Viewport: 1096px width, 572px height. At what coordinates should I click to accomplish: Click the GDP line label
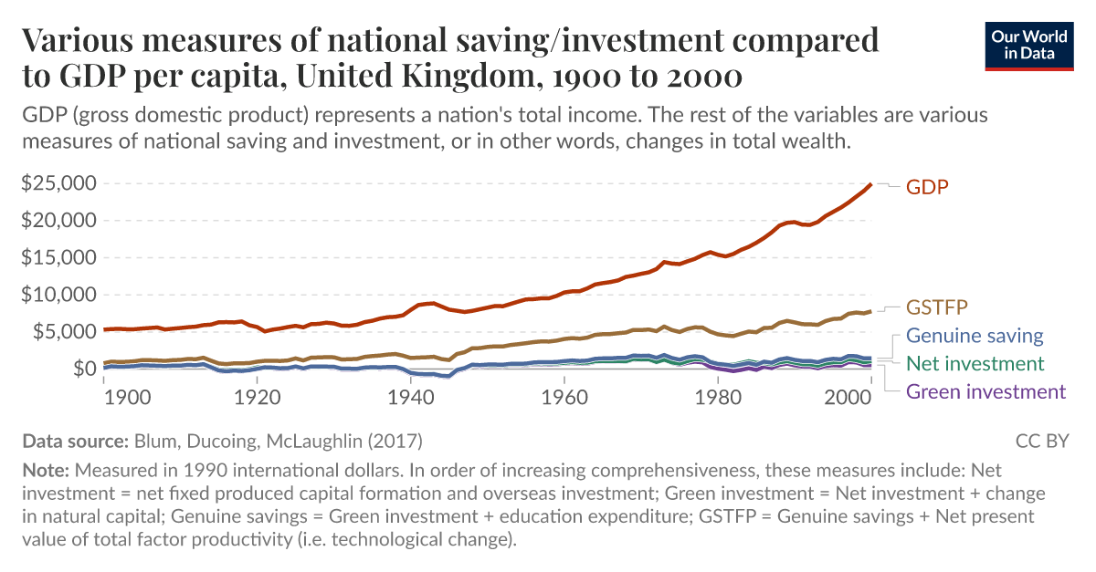coord(927,187)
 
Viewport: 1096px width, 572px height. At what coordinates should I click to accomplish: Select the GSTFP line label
coord(936,307)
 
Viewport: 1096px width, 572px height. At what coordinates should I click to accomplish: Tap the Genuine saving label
coord(974,336)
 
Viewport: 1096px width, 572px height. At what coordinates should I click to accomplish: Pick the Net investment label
coord(975,364)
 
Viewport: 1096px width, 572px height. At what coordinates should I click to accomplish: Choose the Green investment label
coord(985,391)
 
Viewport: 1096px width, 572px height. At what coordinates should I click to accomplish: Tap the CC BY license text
coord(1042,442)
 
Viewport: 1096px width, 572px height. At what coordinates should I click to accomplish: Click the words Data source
coord(74,442)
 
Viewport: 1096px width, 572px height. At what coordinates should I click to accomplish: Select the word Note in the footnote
coord(43,472)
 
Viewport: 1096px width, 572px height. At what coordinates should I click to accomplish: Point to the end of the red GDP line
coord(870,184)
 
